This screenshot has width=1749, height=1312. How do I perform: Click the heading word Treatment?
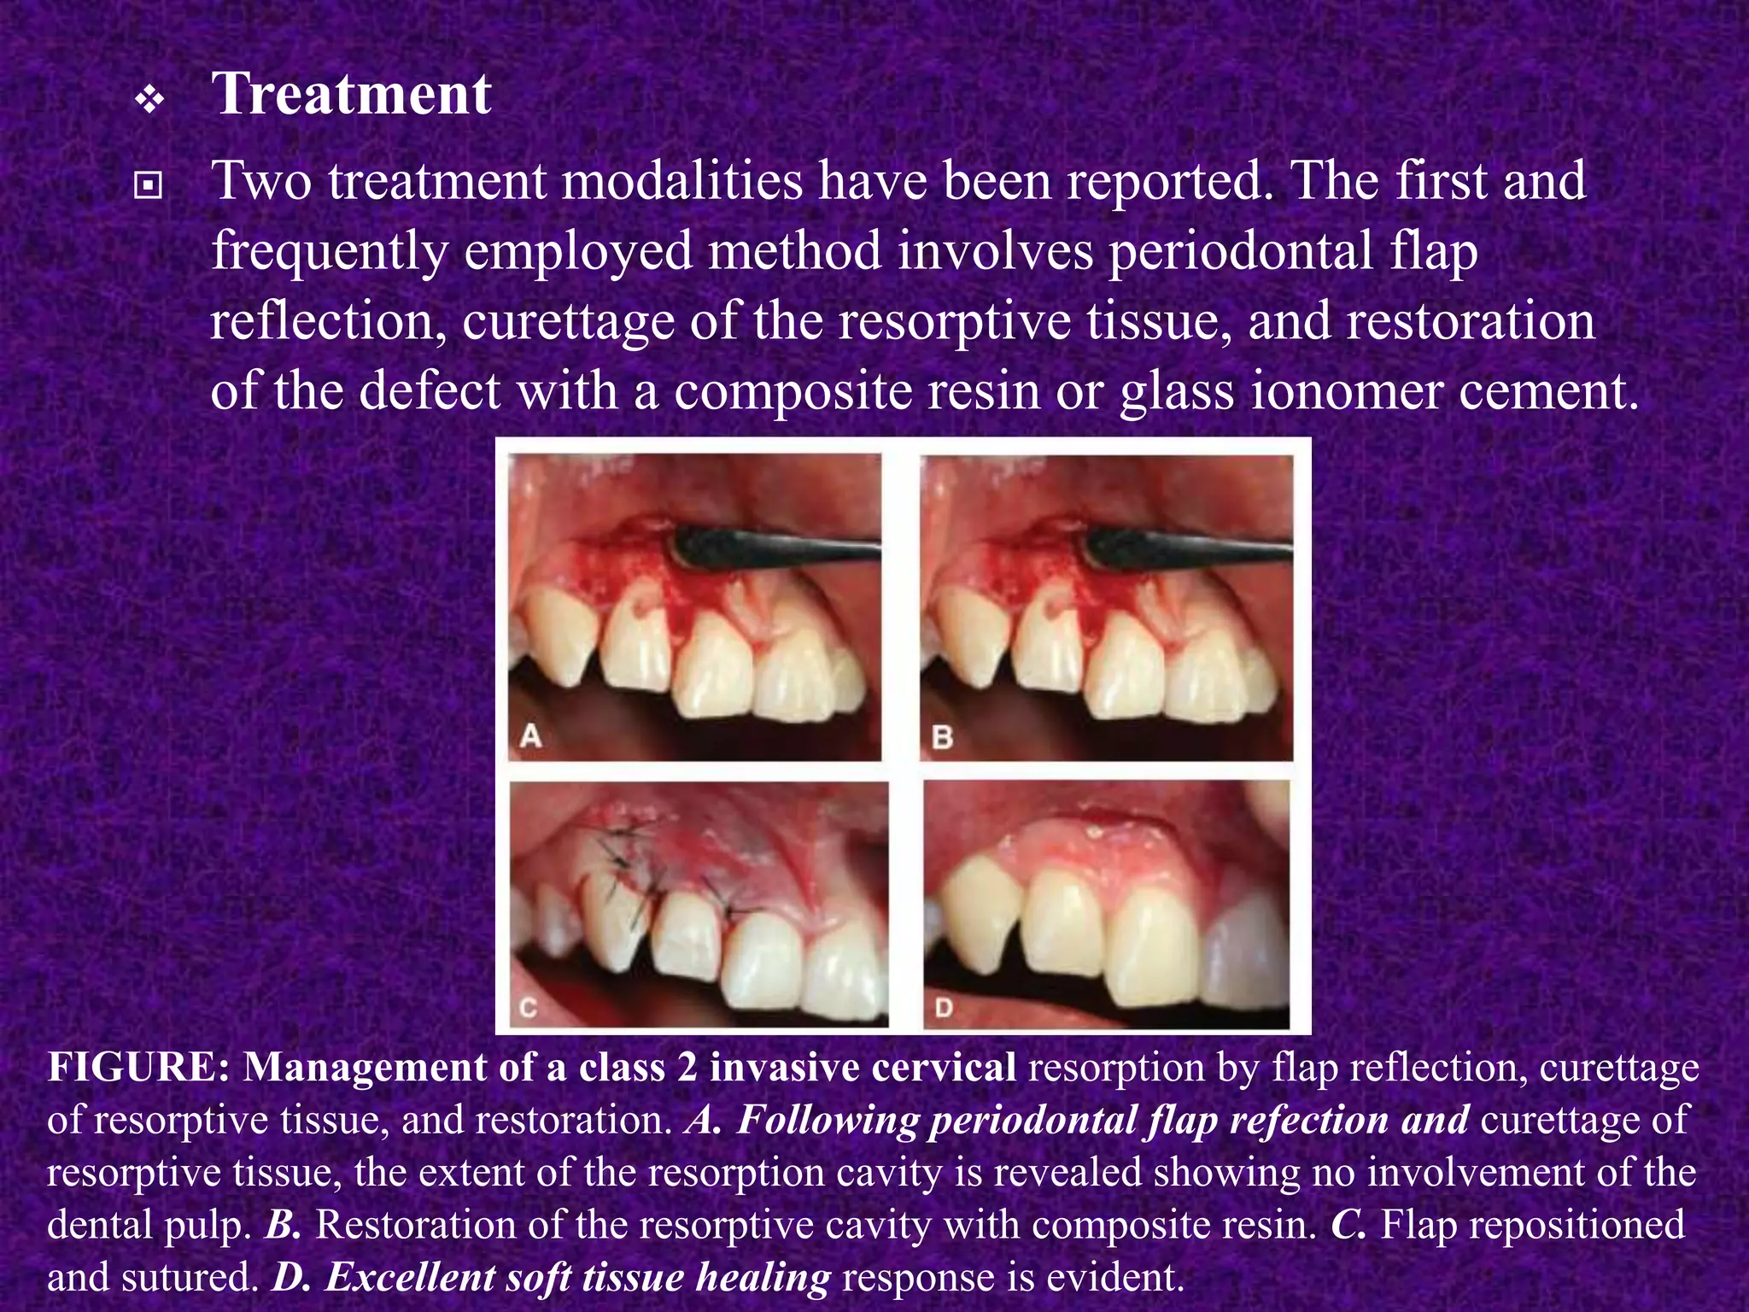[x=350, y=94]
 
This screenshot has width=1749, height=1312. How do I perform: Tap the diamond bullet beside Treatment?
[x=149, y=102]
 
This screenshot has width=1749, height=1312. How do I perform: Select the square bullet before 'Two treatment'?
[x=149, y=185]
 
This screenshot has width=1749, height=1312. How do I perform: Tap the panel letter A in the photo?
[x=530, y=735]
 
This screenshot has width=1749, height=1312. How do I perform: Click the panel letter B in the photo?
[x=942, y=736]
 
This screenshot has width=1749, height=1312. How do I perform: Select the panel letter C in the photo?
[x=529, y=1008]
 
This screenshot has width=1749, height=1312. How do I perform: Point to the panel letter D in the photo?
[x=943, y=1008]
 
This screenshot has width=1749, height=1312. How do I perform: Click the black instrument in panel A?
[x=769, y=547]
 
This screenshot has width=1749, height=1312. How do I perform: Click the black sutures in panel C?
[x=623, y=863]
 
